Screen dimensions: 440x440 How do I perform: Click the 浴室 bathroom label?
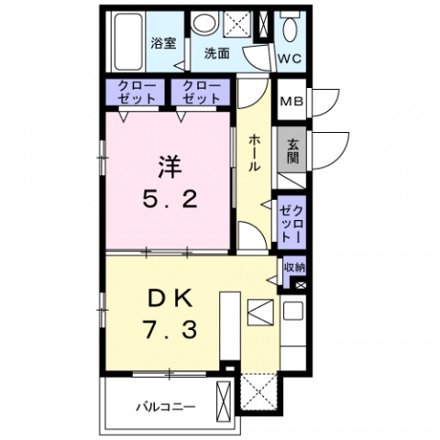pyautogui.click(x=163, y=43)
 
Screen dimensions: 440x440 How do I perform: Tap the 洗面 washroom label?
pyautogui.click(x=217, y=54)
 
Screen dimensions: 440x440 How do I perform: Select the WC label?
pyautogui.click(x=290, y=59)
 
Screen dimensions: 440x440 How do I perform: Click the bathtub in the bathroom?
pyautogui.click(x=128, y=41)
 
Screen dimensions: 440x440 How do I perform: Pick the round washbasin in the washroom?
pyautogui.click(x=204, y=23)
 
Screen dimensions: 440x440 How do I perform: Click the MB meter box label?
pyautogui.click(x=291, y=102)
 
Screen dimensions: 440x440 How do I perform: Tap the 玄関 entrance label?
pyautogui.click(x=292, y=151)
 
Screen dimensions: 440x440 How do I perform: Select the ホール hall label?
pyautogui.click(x=255, y=153)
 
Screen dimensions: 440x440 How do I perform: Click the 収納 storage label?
pyautogui.click(x=294, y=268)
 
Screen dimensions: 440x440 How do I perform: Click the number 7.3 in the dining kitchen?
pyautogui.click(x=170, y=331)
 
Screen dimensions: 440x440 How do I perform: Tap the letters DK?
pyautogui.click(x=170, y=299)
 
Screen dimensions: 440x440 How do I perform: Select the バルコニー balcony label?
pyautogui.click(x=165, y=407)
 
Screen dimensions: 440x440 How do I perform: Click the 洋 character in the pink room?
pyautogui.click(x=170, y=167)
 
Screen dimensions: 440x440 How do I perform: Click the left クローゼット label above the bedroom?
pyautogui.click(x=137, y=92)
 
